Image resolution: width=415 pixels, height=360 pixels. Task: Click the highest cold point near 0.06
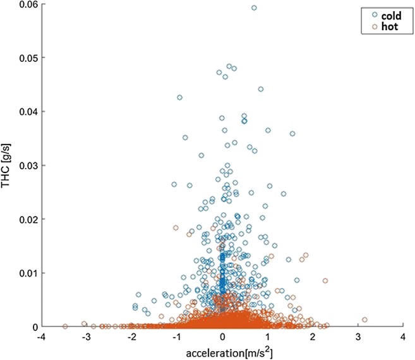click(x=254, y=8)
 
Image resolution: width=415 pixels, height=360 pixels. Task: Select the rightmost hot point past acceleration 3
click(x=364, y=320)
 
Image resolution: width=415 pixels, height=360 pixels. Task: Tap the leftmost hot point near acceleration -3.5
click(x=65, y=327)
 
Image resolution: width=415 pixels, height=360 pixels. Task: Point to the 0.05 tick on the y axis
click(x=26, y=58)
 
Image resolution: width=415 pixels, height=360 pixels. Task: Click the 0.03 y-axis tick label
click(x=26, y=165)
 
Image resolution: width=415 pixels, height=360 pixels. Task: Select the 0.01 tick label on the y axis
click(x=26, y=273)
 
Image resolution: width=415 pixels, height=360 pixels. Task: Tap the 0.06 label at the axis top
click(x=26, y=4)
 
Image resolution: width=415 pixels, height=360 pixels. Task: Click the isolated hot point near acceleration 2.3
click(x=325, y=280)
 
